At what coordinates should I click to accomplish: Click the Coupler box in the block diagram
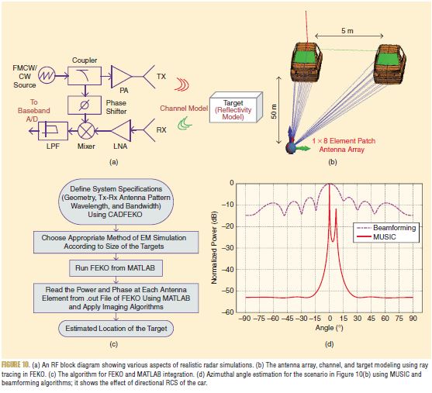85,76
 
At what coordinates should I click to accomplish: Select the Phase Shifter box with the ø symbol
85,105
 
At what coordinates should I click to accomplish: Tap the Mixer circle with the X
86,131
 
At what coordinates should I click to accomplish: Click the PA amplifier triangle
122,77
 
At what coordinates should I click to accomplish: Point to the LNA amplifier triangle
122,130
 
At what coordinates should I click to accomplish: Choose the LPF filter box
53,131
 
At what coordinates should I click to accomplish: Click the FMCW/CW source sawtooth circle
47,75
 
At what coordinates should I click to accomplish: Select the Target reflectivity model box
236,108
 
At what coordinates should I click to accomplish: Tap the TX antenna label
161,76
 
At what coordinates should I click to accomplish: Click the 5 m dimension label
347,30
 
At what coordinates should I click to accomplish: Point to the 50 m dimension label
274,112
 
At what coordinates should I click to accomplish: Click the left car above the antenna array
306,62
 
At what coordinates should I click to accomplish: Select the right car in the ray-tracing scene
389,64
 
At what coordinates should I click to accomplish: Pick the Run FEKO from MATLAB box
116,268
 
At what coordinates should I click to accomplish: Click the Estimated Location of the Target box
116,329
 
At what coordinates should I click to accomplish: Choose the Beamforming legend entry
386,228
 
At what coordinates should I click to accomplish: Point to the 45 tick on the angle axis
371,319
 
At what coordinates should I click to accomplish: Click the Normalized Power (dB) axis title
214,247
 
